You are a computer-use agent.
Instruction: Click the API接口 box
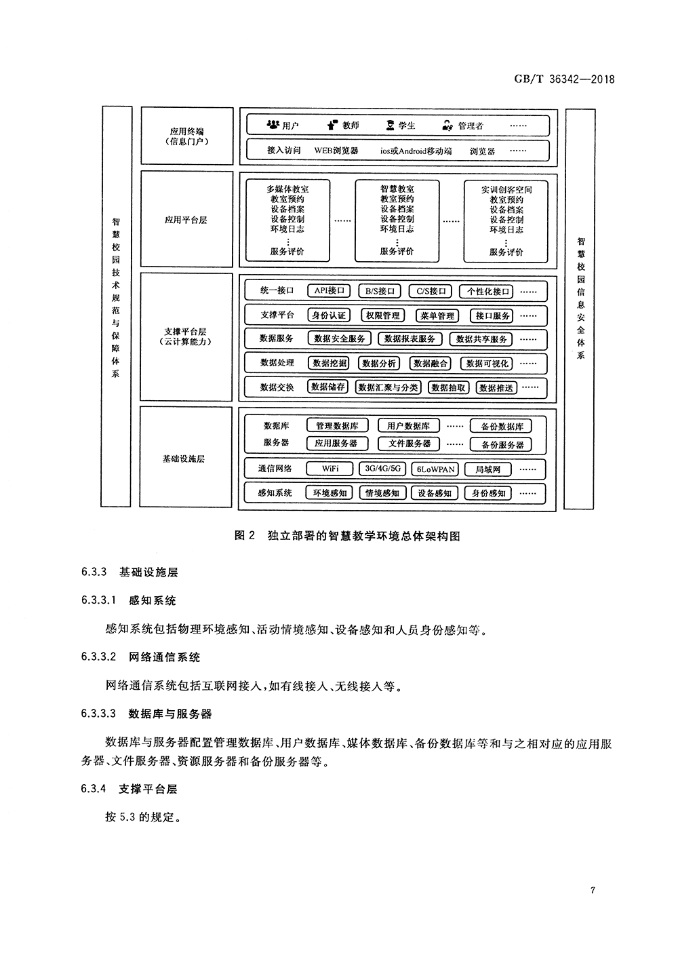click(x=330, y=291)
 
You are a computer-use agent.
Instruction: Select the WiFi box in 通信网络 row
click(x=330, y=469)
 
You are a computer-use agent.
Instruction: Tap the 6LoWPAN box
click(x=436, y=469)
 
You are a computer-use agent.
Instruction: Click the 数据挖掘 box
click(x=330, y=364)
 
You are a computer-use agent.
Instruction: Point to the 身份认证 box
click(x=329, y=315)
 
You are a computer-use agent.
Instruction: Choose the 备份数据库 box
click(x=502, y=427)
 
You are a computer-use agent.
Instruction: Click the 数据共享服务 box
click(x=482, y=339)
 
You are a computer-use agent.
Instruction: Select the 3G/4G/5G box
click(x=382, y=469)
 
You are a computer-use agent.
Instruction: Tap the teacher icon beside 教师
click(x=332, y=125)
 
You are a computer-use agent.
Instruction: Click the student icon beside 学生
click(x=390, y=125)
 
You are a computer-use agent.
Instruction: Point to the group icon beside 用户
click(x=273, y=125)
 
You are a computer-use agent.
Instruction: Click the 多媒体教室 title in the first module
click(x=287, y=189)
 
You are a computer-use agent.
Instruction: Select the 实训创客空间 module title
click(x=506, y=190)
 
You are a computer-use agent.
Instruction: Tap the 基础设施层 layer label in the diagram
click(x=183, y=459)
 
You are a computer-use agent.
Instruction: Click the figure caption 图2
click(x=243, y=536)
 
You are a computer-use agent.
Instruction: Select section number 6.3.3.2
click(x=99, y=657)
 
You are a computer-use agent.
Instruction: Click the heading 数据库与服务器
click(x=170, y=714)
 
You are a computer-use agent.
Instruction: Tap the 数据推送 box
click(x=496, y=388)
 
